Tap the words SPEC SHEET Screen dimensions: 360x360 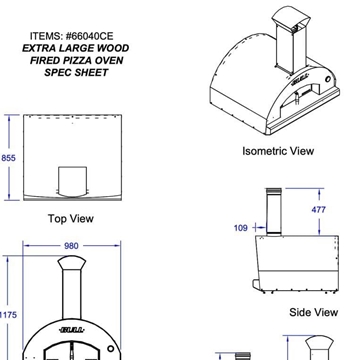coord(76,72)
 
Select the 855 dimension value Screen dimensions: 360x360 coord(9,158)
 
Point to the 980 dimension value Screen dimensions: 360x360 coord(71,246)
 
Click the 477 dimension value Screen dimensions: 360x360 coord(318,210)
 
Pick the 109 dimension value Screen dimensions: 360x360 coord(241,228)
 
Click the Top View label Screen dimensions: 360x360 coord(71,219)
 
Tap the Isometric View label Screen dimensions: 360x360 coord(278,151)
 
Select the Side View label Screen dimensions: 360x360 coord(314,312)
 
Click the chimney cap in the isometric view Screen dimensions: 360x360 coord(291,16)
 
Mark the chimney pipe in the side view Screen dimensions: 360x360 coord(274,212)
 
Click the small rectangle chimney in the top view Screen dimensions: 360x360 coord(73,180)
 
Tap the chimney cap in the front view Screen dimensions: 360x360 coord(72,263)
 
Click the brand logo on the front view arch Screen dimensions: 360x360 coord(72,330)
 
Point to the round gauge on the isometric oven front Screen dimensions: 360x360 coord(328,79)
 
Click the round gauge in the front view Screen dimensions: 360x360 coord(111,349)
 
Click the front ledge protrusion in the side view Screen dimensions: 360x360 coord(256,284)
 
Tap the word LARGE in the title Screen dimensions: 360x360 coord(76,48)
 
